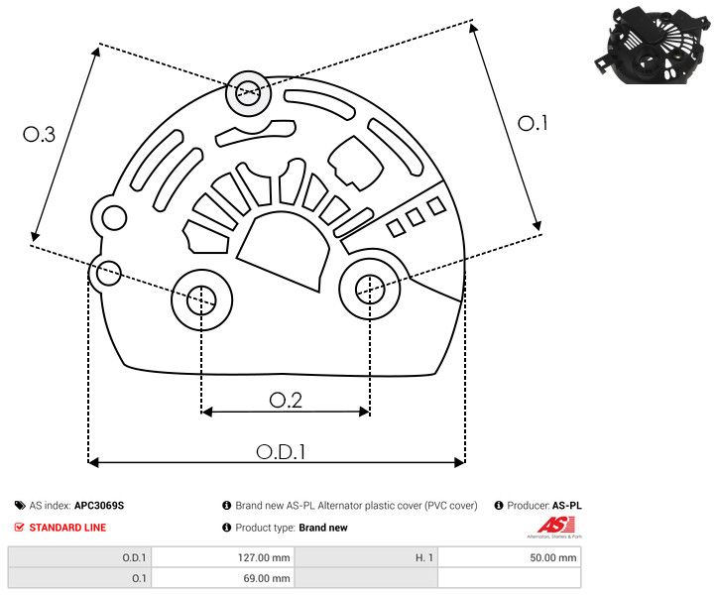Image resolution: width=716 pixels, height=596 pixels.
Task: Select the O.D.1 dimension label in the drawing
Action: (281, 451)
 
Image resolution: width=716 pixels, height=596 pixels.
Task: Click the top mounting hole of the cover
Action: (246, 95)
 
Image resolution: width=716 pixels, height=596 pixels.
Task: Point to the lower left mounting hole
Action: (201, 298)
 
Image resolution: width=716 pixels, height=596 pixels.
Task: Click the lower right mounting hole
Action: (369, 289)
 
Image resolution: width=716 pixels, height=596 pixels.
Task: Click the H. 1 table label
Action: (423, 557)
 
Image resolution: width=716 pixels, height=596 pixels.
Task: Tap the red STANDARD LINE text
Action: (67, 528)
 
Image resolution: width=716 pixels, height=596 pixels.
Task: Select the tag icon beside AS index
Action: (20, 506)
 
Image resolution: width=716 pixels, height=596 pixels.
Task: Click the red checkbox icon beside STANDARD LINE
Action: (20, 528)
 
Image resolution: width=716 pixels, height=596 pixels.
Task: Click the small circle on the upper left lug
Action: (114, 218)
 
